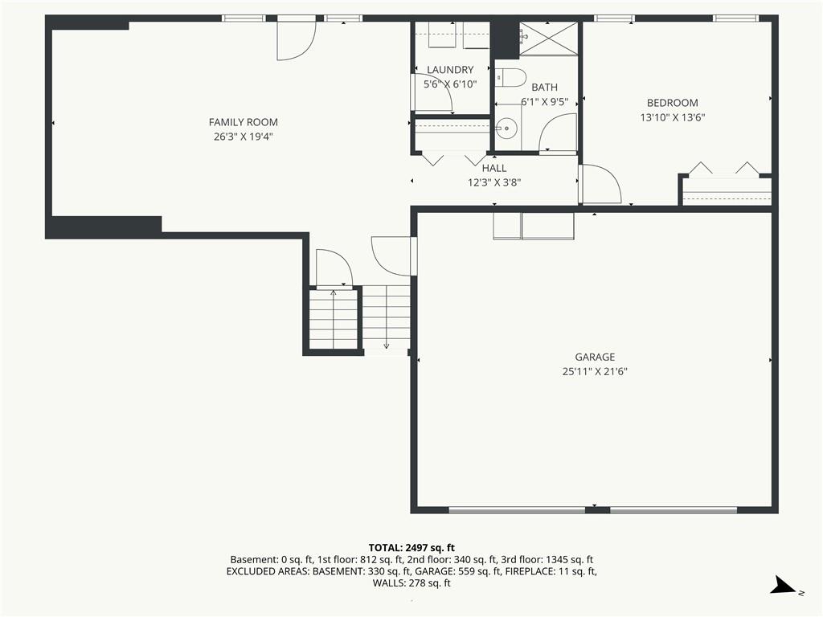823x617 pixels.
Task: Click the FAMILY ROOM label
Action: (243, 122)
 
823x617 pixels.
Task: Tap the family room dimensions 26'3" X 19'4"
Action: (243, 137)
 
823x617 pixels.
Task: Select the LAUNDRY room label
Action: (450, 70)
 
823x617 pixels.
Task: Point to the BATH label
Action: (544, 87)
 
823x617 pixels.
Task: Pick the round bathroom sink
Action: (507, 128)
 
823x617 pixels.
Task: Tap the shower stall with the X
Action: (548, 39)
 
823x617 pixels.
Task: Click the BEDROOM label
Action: (673, 103)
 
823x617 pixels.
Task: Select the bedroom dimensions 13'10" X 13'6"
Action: (673, 117)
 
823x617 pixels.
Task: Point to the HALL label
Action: (494, 168)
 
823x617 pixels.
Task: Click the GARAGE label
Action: (595, 358)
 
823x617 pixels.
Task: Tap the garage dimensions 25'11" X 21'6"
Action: (595, 372)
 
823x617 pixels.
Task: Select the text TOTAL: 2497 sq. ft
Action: (411, 548)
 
